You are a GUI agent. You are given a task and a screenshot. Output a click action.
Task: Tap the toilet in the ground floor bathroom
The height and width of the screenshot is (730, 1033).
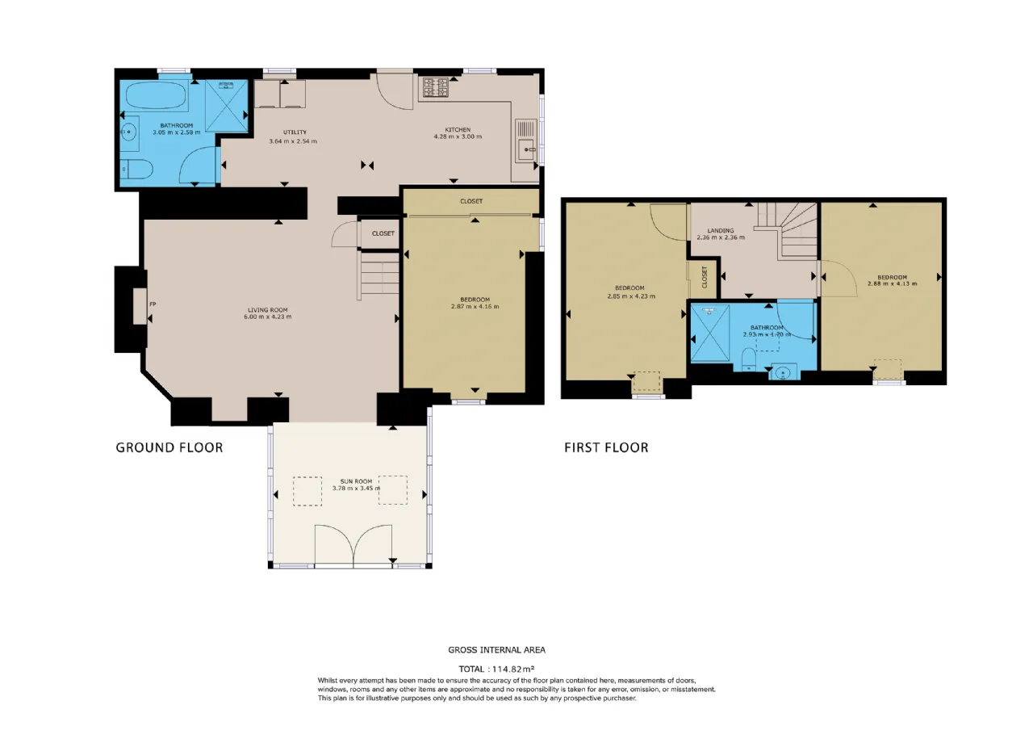click(137, 170)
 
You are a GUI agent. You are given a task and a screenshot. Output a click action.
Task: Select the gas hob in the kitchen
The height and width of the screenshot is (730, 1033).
click(436, 88)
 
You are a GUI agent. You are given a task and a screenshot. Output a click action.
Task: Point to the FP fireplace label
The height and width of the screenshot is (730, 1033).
click(153, 304)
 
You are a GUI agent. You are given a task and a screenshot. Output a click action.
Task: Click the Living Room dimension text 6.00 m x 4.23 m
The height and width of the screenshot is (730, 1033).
click(267, 317)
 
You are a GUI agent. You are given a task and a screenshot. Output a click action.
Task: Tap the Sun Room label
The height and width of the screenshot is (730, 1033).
click(356, 481)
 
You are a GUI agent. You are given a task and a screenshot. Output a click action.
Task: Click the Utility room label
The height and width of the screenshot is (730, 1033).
click(295, 132)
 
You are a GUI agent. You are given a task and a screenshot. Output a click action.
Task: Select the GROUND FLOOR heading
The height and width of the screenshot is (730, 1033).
click(169, 447)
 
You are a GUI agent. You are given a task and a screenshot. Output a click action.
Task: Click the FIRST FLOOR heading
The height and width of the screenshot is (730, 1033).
click(606, 447)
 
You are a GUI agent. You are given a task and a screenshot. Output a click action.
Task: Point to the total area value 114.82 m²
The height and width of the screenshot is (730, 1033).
click(512, 669)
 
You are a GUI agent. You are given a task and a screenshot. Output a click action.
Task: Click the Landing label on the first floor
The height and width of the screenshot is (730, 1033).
click(721, 230)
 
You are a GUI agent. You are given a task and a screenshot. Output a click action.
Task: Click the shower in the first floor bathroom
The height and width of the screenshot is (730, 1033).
click(709, 333)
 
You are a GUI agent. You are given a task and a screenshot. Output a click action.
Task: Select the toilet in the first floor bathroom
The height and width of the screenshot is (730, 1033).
click(749, 359)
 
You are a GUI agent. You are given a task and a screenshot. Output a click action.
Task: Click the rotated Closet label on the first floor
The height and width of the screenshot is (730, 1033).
click(705, 277)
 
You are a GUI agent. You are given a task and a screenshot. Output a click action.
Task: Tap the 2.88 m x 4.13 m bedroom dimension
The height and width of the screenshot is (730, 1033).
click(892, 283)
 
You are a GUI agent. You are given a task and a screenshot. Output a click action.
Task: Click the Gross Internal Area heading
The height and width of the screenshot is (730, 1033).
click(496, 650)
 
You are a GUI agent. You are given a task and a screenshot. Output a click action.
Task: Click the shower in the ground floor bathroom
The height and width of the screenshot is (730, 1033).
click(227, 106)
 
